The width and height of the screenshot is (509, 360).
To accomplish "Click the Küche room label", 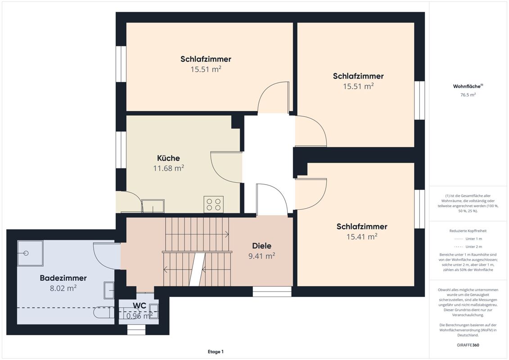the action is [168, 158].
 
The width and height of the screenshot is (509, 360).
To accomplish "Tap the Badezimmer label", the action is [63, 278].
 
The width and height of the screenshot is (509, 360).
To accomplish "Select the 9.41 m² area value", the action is [261, 256].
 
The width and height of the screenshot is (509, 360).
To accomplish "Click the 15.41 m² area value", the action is [362, 237].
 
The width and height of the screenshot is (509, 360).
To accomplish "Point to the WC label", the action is [139, 306].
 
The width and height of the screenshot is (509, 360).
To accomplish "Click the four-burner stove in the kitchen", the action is [213, 204].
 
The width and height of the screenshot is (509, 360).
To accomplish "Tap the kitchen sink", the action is [153, 206].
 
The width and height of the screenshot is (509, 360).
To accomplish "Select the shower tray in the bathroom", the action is [30, 253].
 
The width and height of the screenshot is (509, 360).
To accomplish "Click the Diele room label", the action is [261, 246].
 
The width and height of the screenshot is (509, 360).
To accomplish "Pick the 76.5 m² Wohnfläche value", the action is [468, 95].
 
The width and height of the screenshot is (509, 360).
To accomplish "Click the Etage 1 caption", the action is [216, 351].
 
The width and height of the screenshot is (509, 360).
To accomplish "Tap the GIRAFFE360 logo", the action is [468, 345].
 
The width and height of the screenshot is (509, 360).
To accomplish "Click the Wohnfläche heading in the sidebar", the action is [468, 86].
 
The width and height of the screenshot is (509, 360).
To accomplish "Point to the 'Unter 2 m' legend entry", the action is [468, 247].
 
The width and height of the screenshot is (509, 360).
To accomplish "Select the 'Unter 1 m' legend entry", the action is [468, 238].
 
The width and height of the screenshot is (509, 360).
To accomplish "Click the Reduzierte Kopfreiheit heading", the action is [468, 231].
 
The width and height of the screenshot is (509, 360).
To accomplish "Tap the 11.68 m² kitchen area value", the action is [168, 168].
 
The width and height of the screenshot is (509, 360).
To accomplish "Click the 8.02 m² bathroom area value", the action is [63, 288].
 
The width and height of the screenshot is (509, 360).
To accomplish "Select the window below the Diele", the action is [272, 292].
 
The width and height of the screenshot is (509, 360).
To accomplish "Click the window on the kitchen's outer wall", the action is [121, 150].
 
